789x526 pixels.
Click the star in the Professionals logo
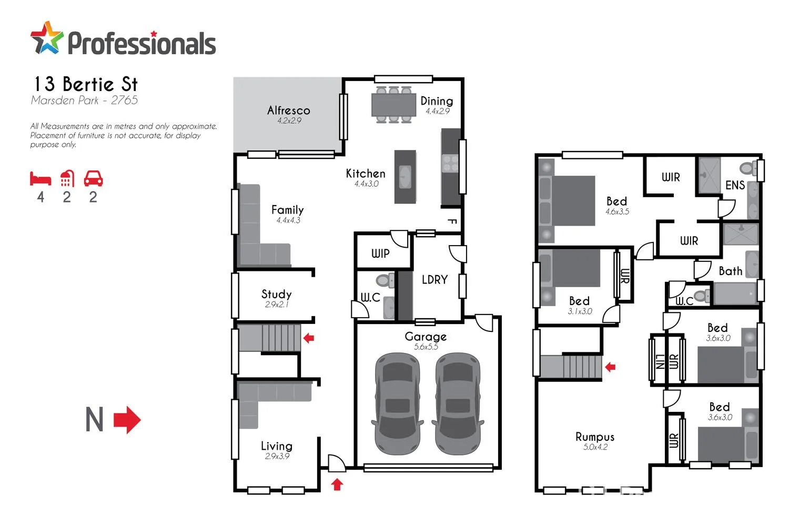click(46, 38)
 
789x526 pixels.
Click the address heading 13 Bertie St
click(86, 84)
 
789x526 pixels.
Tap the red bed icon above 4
click(41, 179)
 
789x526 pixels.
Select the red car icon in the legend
click(93, 179)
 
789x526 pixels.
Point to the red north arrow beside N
click(127, 420)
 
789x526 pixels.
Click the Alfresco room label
click(288, 110)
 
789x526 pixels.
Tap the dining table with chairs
click(393, 105)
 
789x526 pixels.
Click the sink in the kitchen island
click(405, 177)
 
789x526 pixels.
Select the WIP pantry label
click(380, 254)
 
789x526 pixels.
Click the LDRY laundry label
click(434, 280)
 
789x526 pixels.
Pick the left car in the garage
click(398, 403)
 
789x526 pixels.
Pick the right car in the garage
click(457, 403)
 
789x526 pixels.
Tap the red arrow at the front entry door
click(337, 484)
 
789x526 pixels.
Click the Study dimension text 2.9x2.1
click(277, 305)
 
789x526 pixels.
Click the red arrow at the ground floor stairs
click(309, 338)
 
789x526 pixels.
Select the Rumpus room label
click(595, 437)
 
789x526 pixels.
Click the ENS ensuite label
click(735, 185)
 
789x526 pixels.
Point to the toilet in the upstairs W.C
click(700, 295)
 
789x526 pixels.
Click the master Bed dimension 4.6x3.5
click(617, 212)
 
